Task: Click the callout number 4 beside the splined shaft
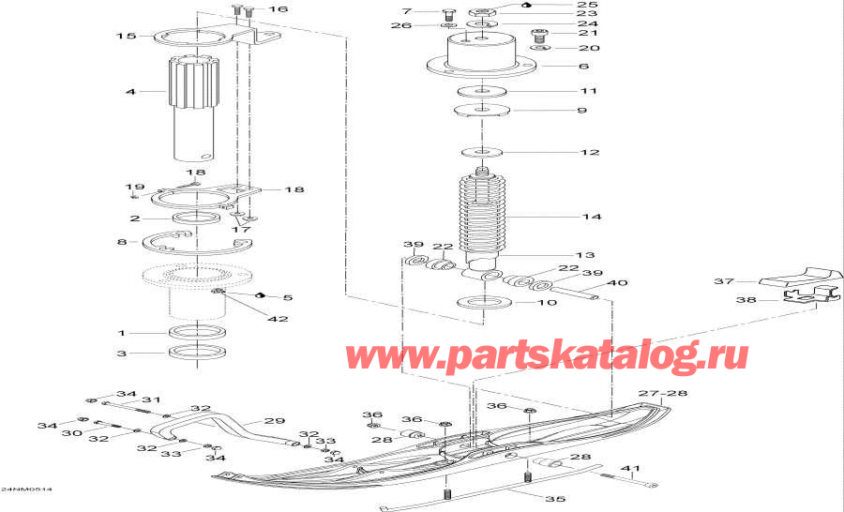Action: pos(131,92)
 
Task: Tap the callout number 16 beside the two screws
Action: pos(279,9)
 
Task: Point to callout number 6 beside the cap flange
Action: pos(583,67)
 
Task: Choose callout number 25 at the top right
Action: pos(587,5)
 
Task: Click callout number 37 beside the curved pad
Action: pos(723,280)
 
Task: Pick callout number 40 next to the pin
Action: pos(618,283)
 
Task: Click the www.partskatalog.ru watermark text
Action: pos(548,356)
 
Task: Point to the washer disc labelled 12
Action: pos(484,151)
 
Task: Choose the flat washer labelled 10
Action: pos(485,303)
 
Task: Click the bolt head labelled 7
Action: pos(447,15)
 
